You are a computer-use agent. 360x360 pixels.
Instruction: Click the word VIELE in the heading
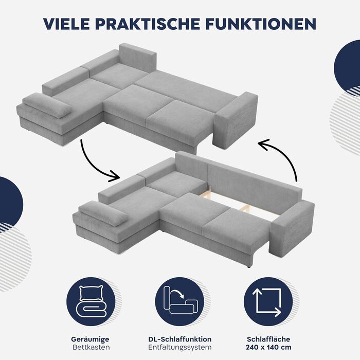point(66,24)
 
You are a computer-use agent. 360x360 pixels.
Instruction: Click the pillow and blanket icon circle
point(91,301)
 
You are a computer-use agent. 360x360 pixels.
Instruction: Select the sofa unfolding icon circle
point(180,301)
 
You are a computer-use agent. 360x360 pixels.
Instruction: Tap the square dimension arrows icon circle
point(268,301)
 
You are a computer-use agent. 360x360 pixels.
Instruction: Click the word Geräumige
point(90,339)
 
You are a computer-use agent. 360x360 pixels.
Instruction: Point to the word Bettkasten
point(91,347)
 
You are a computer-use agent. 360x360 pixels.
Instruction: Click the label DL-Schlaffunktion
point(180,339)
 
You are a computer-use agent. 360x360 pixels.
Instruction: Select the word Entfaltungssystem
point(180,347)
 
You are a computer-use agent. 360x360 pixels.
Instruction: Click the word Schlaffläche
point(268,339)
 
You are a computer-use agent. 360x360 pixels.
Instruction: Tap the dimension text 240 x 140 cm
point(268,347)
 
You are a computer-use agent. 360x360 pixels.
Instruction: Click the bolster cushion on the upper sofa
point(47,105)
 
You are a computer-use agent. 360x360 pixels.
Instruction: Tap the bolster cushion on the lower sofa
point(103,213)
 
